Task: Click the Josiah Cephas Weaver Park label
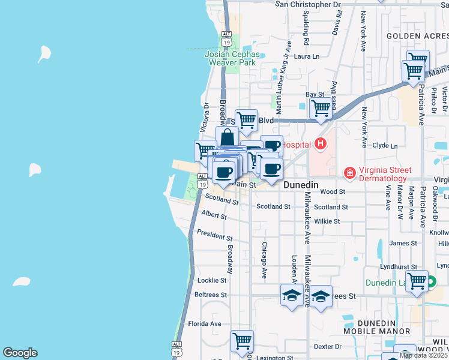[x=232, y=58]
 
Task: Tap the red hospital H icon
[x=321, y=144]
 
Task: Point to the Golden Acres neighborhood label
[x=417, y=36]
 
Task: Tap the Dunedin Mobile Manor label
[x=377, y=326]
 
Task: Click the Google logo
[x=20, y=353]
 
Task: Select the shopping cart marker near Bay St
[x=321, y=109]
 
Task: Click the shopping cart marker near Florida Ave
[x=242, y=341]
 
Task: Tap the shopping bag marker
[x=228, y=137]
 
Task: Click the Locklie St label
[x=212, y=280]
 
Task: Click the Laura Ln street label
[x=307, y=56]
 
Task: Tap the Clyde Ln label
[x=385, y=146]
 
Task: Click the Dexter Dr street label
[x=328, y=346]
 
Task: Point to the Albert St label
[x=214, y=215]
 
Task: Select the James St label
[x=403, y=243]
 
